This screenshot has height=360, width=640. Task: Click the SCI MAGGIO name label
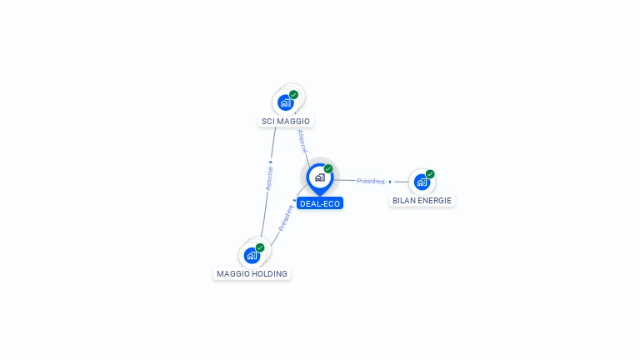tap(286, 122)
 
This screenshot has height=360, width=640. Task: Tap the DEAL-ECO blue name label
tap(320, 203)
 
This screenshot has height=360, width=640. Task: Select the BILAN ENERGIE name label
tap(422, 201)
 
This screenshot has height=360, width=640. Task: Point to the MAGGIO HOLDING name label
tap(252, 274)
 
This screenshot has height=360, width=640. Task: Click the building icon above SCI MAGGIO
tap(286, 102)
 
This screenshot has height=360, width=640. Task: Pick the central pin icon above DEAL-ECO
tap(319, 177)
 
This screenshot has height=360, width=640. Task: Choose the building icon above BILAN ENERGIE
tap(422, 182)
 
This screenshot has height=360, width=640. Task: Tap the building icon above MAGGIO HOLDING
tap(252, 255)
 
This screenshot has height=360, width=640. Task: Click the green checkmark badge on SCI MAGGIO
tap(294, 95)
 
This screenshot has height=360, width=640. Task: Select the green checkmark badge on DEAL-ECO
tap(328, 169)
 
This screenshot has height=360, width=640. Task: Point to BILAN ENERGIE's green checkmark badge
tap(430, 174)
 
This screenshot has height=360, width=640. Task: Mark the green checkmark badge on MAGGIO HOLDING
tap(260, 247)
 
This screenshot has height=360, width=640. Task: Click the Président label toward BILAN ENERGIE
tap(371, 181)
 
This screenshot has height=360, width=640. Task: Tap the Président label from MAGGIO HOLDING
tap(287, 218)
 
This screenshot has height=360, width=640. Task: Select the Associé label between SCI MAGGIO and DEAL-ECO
tap(302, 140)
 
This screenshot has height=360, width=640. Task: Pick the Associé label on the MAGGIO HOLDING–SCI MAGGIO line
tap(269, 177)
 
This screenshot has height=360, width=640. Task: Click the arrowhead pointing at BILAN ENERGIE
tap(390, 182)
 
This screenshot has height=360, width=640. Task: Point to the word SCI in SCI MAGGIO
tap(268, 122)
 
